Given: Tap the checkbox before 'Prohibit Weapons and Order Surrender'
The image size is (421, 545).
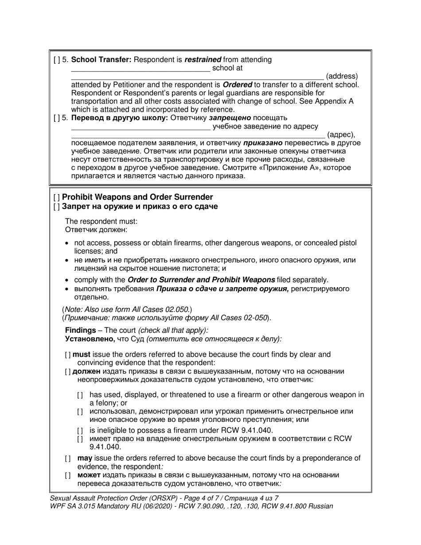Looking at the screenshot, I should (x=56, y=197).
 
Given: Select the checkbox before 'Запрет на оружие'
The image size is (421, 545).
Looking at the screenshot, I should (x=56, y=206).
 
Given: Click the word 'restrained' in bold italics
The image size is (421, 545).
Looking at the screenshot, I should (x=203, y=60).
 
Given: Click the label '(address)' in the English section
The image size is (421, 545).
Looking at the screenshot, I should (x=342, y=76).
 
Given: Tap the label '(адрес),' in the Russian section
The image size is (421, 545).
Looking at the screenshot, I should (x=341, y=135).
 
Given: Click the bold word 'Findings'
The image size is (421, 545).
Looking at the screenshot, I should (x=80, y=331).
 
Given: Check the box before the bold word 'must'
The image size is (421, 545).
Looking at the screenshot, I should (x=68, y=355).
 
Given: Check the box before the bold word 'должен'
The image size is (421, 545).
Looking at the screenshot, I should (x=68, y=372).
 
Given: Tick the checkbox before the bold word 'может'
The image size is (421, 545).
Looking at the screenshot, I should (x=68, y=475).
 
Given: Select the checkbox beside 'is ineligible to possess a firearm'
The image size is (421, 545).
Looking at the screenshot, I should (x=80, y=431).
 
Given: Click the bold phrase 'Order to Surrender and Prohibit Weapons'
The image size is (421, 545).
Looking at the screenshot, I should (x=201, y=280).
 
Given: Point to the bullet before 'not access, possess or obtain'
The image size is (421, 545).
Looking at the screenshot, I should (x=67, y=243).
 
